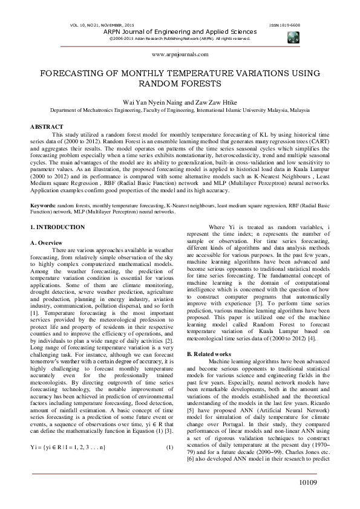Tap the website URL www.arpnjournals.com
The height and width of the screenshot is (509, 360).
click(180, 54)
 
